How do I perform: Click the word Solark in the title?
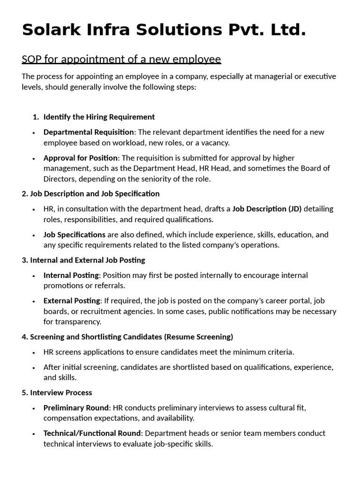click(x=53, y=30)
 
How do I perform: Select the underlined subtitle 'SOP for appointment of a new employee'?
click(x=121, y=60)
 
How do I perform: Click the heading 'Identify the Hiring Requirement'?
click(x=99, y=117)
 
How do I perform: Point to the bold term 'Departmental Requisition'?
click(x=89, y=132)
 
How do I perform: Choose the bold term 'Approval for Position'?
click(x=81, y=158)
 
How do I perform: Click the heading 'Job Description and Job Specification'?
click(x=95, y=194)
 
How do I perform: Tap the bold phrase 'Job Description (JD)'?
click(x=267, y=209)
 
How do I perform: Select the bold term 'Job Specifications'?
click(x=74, y=234)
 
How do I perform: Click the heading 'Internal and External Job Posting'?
click(x=88, y=260)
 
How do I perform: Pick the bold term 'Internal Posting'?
click(x=71, y=275)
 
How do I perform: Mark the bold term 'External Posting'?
click(x=72, y=300)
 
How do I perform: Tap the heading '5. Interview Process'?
click(x=57, y=392)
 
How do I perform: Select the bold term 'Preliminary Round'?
click(x=76, y=408)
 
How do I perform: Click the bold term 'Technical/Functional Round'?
click(x=92, y=433)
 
